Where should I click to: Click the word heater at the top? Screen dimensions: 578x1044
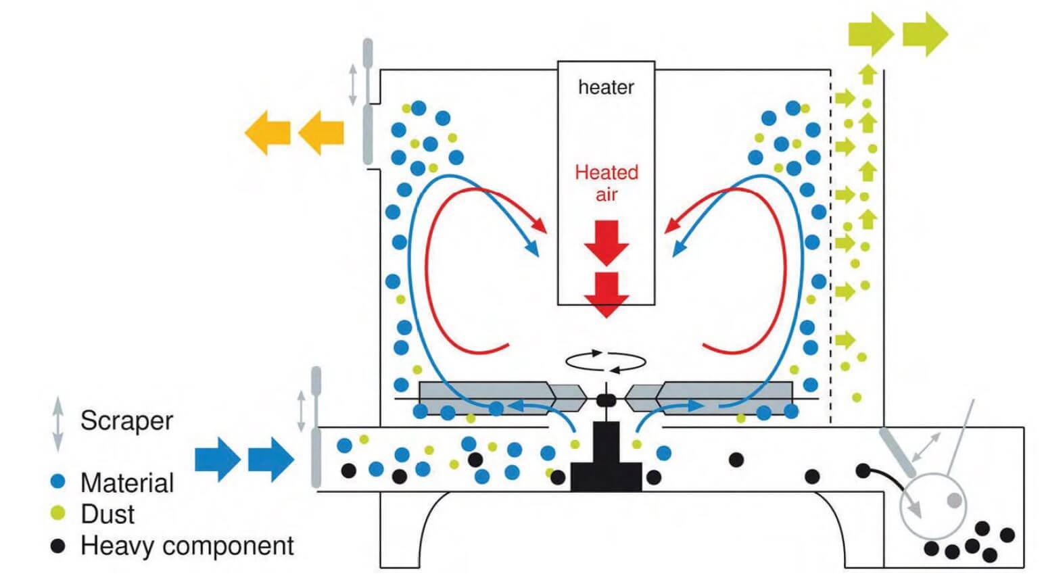click(x=606, y=87)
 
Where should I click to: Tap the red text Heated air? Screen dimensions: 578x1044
click(x=607, y=183)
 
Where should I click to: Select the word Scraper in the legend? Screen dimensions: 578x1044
click(x=126, y=420)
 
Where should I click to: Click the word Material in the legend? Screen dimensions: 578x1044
click(x=126, y=483)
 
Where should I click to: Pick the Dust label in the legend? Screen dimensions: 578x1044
click(x=108, y=514)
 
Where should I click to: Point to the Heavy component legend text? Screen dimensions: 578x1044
click(x=187, y=546)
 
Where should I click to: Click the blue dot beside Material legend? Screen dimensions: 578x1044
click(x=59, y=482)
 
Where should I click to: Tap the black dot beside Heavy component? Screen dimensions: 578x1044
click(x=59, y=546)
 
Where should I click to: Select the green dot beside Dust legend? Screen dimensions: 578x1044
click(x=59, y=514)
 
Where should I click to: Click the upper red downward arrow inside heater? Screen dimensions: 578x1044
click(x=607, y=241)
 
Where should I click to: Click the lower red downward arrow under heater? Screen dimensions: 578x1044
click(x=607, y=295)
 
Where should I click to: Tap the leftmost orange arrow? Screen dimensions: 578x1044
click(x=267, y=133)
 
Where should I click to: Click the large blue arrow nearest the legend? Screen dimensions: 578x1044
click(x=217, y=459)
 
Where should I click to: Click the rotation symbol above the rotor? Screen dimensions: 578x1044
click(x=605, y=361)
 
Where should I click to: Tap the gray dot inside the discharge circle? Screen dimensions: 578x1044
click(x=953, y=501)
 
